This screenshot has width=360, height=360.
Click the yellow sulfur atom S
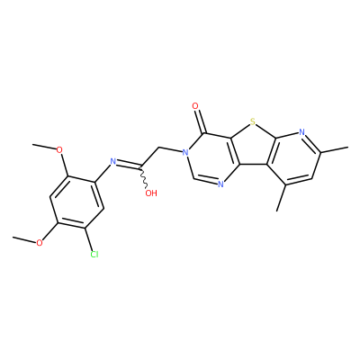tap(253, 122)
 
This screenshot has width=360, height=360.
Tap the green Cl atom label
tap(94, 255)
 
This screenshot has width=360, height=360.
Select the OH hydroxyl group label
tap(151, 193)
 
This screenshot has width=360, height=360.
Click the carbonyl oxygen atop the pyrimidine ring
tap(195, 106)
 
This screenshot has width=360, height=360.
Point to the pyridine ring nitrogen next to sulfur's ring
tap(301, 132)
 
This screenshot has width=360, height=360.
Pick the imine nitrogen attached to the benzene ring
tap(113, 162)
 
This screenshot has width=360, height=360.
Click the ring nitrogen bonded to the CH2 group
tap(185, 152)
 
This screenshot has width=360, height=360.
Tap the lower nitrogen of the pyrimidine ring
tap(220, 184)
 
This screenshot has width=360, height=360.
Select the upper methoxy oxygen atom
tap(59, 149)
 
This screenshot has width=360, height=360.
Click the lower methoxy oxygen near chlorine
tap(40, 243)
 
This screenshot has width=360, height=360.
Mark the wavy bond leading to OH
tap(143, 177)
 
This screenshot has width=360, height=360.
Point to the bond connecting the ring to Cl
tap(90, 239)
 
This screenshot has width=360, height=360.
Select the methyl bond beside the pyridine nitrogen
tap(334, 149)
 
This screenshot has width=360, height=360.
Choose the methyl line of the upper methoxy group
tap(44, 146)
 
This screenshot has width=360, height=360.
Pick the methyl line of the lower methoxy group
tap(24, 239)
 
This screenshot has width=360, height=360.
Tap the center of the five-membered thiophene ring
tap(253, 146)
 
